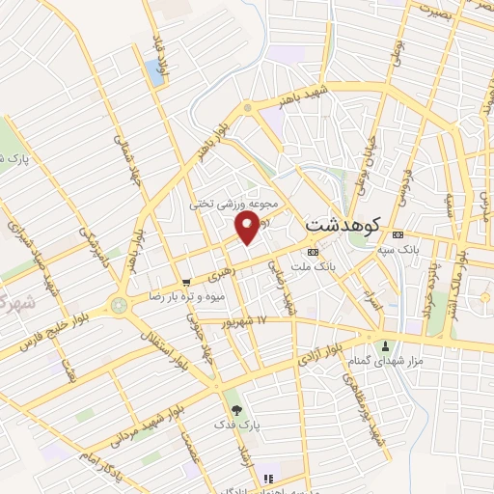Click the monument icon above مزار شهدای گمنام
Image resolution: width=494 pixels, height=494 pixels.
click(x=386, y=345)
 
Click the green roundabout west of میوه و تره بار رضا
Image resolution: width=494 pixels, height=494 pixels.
click(x=120, y=306)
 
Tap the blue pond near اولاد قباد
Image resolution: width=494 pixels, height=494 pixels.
click(x=153, y=71)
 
